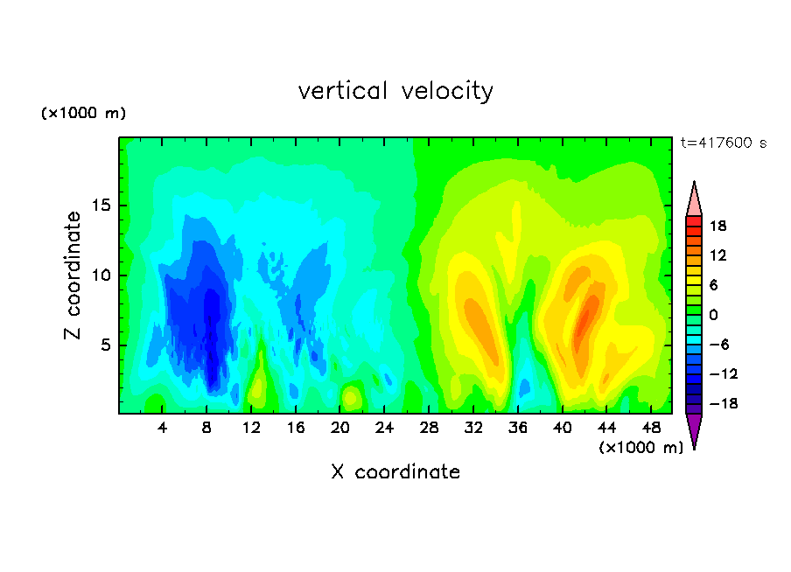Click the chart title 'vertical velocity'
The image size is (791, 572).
click(x=395, y=92)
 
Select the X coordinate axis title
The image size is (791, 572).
click(x=395, y=472)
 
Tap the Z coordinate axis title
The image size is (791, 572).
click(x=73, y=276)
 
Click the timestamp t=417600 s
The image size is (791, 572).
click(x=724, y=143)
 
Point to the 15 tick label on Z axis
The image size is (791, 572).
click(x=101, y=206)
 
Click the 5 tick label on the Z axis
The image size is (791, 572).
click(x=106, y=345)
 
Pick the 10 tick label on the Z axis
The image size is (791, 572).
click(x=101, y=276)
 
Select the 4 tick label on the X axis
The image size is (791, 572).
click(x=162, y=429)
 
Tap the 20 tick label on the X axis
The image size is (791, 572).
click(x=339, y=429)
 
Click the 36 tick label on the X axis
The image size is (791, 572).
click(x=518, y=429)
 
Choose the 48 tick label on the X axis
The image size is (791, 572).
click(x=651, y=429)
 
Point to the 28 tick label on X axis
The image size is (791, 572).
click(x=429, y=429)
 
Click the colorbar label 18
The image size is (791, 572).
click(x=717, y=227)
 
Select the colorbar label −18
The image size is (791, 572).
click(x=724, y=403)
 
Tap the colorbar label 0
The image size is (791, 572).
click(x=713, y=315)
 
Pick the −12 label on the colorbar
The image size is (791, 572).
click(x=724, y=374)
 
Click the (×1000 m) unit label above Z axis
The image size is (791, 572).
click(x=83, y=113)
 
